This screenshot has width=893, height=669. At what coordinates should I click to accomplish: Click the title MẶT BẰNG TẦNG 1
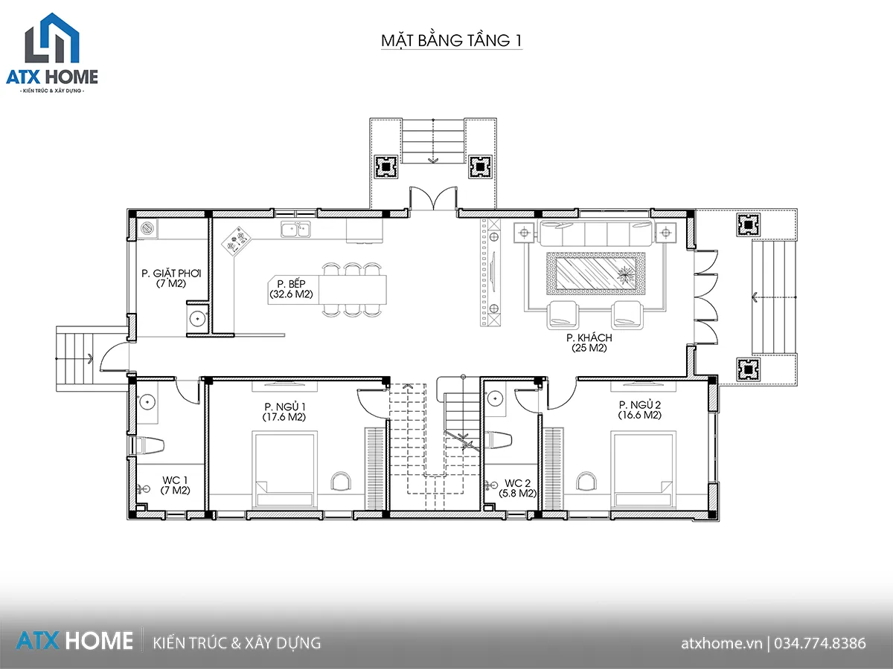tap(451, 40)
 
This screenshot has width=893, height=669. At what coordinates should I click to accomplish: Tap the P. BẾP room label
tap(291, 284)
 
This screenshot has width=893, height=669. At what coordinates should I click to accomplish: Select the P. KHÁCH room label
tap(589, 337)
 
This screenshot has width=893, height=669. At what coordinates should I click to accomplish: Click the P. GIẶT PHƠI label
tap(171, 274)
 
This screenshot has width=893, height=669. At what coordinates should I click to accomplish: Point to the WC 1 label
tap(175, 480)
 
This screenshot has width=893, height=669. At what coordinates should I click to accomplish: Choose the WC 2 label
tap(517, 483)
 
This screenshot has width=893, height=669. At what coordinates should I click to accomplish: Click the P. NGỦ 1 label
tap(285, 407)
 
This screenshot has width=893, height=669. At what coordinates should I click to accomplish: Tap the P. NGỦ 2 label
tap(639, 404)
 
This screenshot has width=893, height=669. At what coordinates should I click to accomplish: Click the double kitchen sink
tap(295, 229)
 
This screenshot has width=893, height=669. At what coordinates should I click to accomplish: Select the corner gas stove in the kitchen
tap(237, 242)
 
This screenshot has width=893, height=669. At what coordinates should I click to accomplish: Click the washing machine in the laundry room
tap(147, 228)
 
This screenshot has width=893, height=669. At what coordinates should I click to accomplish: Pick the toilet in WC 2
tap(499, 439)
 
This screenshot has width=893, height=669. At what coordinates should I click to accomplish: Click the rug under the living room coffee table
tap(596, 274)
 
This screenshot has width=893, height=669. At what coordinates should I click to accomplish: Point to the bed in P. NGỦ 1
tap(284, 470)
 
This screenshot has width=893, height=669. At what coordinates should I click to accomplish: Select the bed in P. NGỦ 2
tap(643, 470)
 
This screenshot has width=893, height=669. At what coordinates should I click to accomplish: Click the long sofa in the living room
tap(596, 233)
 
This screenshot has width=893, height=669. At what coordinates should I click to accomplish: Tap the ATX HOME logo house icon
tap(52, 38)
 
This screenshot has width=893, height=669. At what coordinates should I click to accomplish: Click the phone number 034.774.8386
tap(820, 643)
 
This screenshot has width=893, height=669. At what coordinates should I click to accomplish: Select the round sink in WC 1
tap(147, 402)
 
